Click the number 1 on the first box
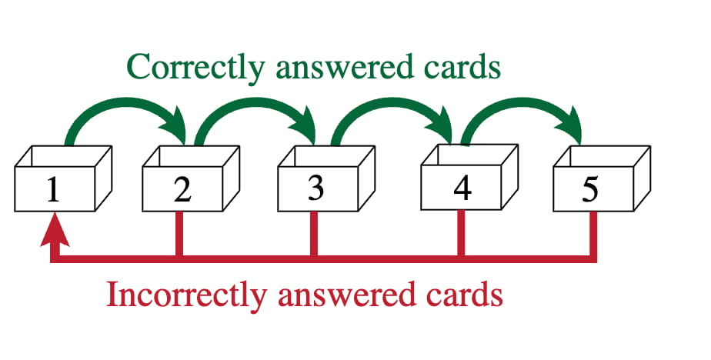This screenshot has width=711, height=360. (x=52, y=188)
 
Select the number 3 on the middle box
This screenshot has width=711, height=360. (x=315, y=187)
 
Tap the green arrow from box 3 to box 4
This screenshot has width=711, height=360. (x=392, y=110)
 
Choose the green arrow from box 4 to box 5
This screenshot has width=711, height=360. (x=523, y=110)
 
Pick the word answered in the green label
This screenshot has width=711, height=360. (x=342, y=67)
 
